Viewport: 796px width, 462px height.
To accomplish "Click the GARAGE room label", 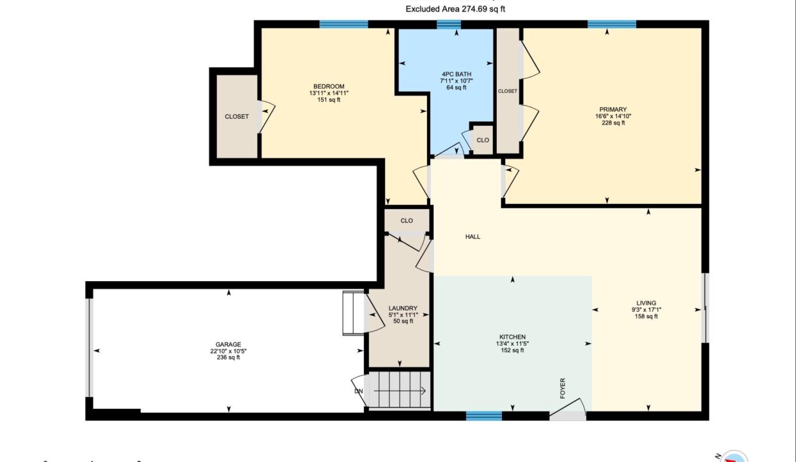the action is click(x=228, y=345).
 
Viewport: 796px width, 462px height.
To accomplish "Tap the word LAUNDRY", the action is click(x=403, y=308).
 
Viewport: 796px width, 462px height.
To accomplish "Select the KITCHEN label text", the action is click(x=512, y=337).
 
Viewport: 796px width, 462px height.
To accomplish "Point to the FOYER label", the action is click(x=562, y=388).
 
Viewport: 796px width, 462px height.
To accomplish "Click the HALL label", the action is click(x=472, y=237).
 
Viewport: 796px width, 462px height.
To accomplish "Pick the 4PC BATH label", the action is click(x=456, y=74).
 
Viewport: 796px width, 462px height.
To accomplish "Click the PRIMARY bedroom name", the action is click(x=613, y=109).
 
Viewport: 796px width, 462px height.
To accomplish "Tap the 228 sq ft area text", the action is click(x=613, y=123).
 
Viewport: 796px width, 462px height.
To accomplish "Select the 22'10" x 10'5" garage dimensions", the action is click(x=228, y=351).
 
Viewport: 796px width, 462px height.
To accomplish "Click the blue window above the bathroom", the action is click(x=449, y=24).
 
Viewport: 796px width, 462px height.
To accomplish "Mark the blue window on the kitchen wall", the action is click(x=484, y=416).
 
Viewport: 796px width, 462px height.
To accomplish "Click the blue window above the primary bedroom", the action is click(x=612, y=24).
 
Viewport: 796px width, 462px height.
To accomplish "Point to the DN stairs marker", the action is click(x=359, y=391).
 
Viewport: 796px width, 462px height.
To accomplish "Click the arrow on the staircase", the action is click(x=400, y=391).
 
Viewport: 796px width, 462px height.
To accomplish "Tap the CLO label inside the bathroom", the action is click(x=483, y=141).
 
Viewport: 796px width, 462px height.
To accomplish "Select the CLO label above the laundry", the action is click(x=407, y=221).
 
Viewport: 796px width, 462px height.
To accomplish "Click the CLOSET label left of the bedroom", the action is click(x=237, y=117).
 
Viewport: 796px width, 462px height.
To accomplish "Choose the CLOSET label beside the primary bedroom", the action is click(x=507, y=91).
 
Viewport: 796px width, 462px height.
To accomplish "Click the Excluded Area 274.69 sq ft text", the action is click(x=455, y=9).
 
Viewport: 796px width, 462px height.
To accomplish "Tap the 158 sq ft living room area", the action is click(x=646, y=316).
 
